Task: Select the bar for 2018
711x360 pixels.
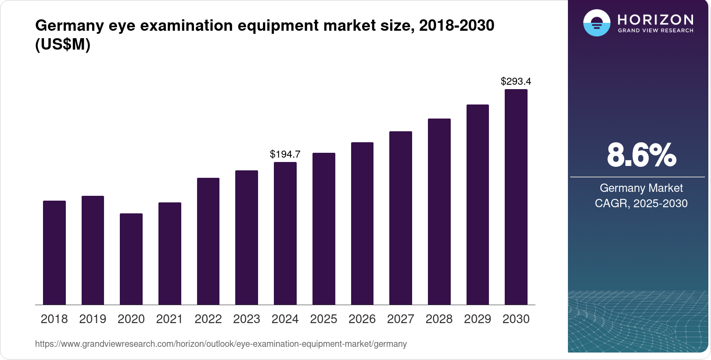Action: point(54,252)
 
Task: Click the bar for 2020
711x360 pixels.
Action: point(131,259)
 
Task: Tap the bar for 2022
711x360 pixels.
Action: point(208,241)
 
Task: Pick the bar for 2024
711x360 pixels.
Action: point(285,233)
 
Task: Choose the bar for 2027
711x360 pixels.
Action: point(400,218)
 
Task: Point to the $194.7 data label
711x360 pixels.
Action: point(285,154)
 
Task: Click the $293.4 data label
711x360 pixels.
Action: point(516,81)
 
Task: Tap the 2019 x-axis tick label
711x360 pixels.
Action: point(93,319)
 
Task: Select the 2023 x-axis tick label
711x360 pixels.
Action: point(247,319)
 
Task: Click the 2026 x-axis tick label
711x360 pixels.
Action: point(362,319)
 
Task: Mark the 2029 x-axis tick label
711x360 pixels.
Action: point(478,319)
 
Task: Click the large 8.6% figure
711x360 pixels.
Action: point(641,155)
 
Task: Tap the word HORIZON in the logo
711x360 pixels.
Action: point(655,19)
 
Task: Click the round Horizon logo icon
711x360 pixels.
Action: point(596,23)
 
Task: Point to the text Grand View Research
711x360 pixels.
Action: point(655,31)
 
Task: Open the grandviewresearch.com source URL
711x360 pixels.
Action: point(221,344)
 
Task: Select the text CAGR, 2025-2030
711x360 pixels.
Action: point(641,203)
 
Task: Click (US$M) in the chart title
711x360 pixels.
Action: point(63,45)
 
